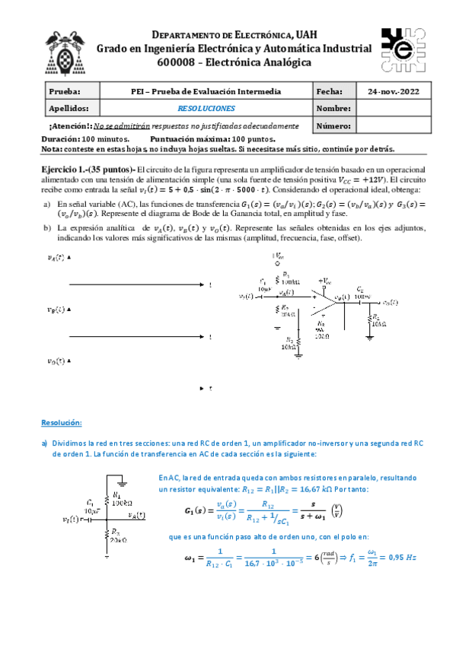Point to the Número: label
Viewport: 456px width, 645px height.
click(x=333, y=125)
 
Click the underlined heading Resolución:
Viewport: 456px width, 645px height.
click(x=61, y=422)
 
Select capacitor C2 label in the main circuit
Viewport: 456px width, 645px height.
click(x=359, y=289)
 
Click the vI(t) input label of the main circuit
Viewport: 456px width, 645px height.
click(x=246, y=295)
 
